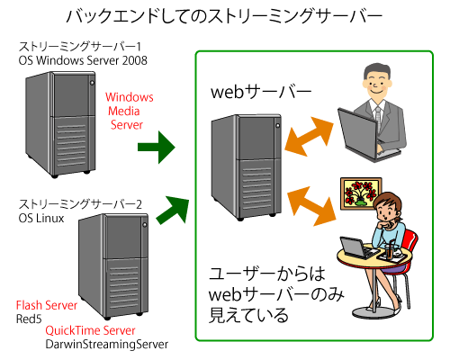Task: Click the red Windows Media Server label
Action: tap(130, 111)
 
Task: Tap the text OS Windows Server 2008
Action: tap(83, 60)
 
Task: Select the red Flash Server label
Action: tap(47, 305)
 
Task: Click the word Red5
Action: tap(29, 319)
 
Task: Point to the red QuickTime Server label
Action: tap(90, 330)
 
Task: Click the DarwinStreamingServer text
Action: tap(107, 344)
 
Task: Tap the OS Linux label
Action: tap(41, 218)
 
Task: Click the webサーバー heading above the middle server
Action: tap(261, 92)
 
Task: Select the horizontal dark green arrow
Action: tap(157, 148)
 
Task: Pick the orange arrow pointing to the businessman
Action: tap(309, 137)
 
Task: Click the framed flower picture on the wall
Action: tap(361, 193)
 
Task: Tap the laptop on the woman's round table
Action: tap(358, 248)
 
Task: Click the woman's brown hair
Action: tap(390, 202)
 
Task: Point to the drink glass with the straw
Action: tap(389, 249)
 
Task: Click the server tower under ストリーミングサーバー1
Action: tap(60, 124)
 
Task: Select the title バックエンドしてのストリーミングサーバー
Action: tap(225, 16)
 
